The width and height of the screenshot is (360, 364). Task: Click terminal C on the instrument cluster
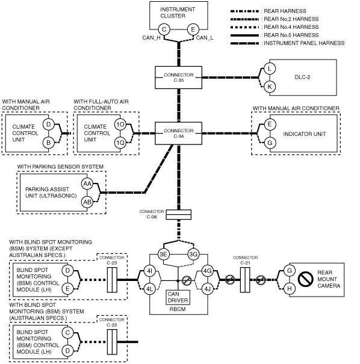tap(164, 29)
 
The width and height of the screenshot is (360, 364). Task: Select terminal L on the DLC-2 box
tap(270, 69)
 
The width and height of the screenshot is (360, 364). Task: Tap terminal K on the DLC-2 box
tap(270, 87)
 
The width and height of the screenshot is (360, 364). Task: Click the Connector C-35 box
tap(178, 78)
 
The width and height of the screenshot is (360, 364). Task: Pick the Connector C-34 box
tap(178, 133)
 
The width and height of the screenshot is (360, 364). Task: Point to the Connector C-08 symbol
tap(179, 215)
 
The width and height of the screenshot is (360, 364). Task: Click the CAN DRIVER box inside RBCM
tap(178, 297)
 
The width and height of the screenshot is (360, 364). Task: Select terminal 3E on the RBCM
tap(164, 254)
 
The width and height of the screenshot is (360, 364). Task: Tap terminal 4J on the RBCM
tap(207, 289)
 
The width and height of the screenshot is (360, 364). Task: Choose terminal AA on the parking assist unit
tap(87, 184)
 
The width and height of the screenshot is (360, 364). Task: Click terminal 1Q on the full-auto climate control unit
tap(120, 143)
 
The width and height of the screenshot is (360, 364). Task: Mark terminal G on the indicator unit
tap(270, 143)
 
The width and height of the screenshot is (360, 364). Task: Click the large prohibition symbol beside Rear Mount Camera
tap(305, 279)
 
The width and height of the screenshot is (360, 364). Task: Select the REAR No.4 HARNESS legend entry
tap(275, 27)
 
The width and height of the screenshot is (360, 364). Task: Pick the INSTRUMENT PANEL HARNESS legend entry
tap(288, 43)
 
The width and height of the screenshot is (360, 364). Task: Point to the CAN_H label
tap(152, 38)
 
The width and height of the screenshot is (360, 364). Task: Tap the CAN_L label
tap(205, 38)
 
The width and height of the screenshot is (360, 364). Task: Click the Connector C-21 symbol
tap(245, 280)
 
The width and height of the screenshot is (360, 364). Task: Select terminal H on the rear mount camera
tap(290, 289)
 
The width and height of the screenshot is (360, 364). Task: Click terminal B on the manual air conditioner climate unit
tap(48, 143)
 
